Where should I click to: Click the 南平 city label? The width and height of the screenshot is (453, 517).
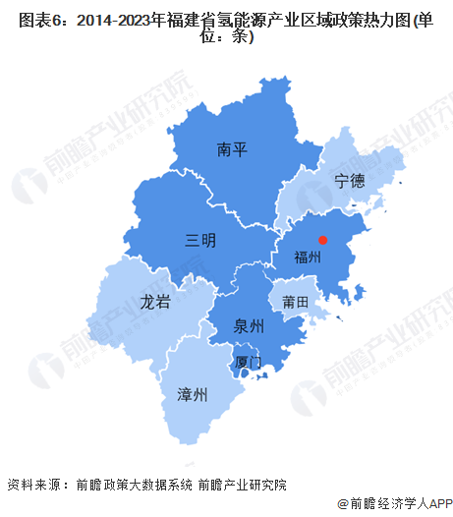[232, 150]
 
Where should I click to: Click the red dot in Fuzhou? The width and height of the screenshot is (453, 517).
[321, 238]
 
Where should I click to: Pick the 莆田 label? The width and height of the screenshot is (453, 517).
[296, 301]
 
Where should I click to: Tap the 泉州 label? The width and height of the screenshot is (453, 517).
[250, 325]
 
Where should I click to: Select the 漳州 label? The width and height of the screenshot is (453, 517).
[193, 395]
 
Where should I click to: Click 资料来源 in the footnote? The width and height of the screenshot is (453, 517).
[31, 485]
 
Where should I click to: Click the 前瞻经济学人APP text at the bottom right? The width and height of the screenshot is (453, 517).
[397, 503]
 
